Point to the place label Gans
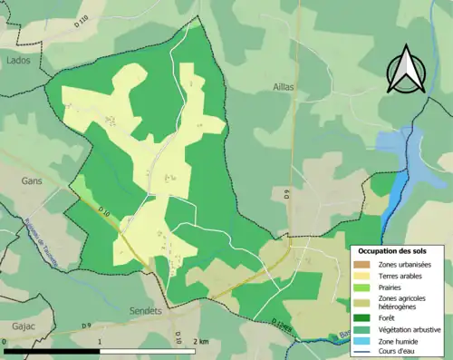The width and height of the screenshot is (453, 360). coord(32,181)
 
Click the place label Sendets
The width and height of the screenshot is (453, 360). coord(145,311)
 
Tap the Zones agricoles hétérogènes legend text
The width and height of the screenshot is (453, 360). coord(404,302)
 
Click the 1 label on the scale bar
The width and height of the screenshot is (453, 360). coord(99,342)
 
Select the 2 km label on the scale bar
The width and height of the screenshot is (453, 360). coord(201,342)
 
